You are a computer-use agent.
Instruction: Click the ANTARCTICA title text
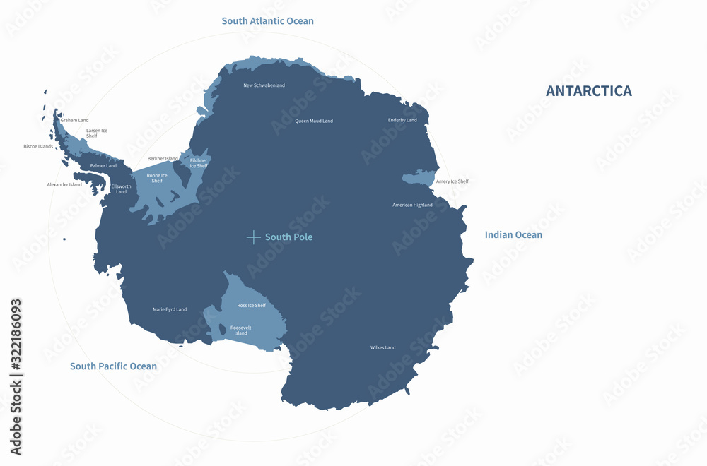pyautogui.click(x=588, y=91)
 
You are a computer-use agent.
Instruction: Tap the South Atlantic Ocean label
pyautogui.click(x=267, y=21)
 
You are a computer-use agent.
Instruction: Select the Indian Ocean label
pyautogui.click(x=513, y=235)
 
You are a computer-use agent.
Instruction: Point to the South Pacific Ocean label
pyautogui.click(x=113, y=366)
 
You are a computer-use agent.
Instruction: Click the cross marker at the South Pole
pyautogui.click(x=253, y=237)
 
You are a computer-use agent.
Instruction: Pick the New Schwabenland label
pyautogui.click(x=264, y=85)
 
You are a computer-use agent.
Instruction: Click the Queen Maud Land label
pyautogui.click(x=313, y=121)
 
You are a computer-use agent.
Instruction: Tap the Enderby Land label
pyautogui.click(x=402, y=120)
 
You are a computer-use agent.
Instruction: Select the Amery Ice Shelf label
pyautogui.click(x=452, y=181)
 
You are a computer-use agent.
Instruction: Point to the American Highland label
pyautogui.click(x=412, y=205)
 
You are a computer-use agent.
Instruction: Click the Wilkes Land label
pyautogui.click(x=382, y=347)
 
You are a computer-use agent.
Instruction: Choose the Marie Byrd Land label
pyautogui.click(x=170, y=309)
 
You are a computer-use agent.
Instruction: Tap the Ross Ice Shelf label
pyautogui.click(x=251, y=306)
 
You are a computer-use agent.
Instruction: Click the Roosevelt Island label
pyautogui.click(x=240, y=330)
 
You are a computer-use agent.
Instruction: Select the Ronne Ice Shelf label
pyautogui.click(x=157, y=178)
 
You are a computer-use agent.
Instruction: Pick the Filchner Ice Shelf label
pyautogui.click(x=199, y=163)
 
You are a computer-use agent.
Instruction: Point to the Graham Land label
pyautogui.click(x=74, y=120)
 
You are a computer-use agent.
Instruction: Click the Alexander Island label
pyautogui.click(x=64, y=185)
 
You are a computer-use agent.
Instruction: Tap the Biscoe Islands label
pyautogui.click(x=38, y=147)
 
